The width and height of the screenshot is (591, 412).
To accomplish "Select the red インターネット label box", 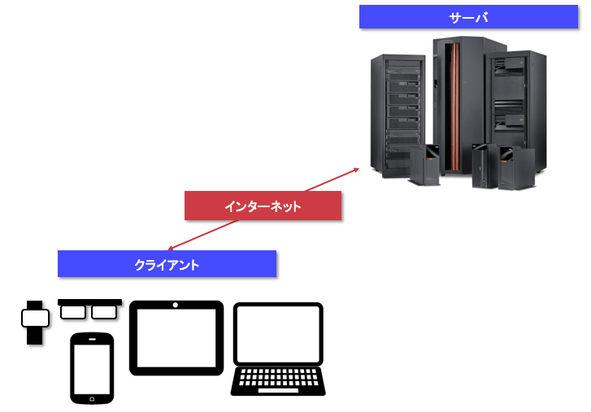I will pos(263,206).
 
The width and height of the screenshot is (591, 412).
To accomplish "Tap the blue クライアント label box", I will pos(167,264).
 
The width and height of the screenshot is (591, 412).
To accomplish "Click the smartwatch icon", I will pos(34,323).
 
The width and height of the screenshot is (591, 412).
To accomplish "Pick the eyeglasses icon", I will pos(89,310).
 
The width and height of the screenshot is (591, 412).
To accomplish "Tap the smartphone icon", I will pos(92,367).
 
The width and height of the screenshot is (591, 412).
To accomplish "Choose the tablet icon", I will pos(176,338).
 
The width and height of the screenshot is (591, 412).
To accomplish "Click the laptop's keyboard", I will pos(277,379).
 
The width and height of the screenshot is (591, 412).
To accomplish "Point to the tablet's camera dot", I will pos(176,306).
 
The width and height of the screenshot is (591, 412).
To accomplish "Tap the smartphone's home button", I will pos(92,398).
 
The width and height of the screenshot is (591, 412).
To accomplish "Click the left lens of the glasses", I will pos(74,312).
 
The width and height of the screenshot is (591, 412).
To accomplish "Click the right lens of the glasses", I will pos(104,312).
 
